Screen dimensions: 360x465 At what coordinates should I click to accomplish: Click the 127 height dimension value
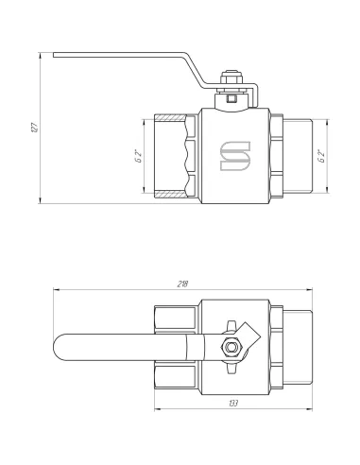tap(35, 127)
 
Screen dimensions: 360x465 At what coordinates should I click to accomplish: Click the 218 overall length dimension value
tap(182, 284)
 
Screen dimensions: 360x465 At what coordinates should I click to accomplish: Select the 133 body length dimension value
tap(233, 403)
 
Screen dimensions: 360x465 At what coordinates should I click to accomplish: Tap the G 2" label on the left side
tap(139, 157)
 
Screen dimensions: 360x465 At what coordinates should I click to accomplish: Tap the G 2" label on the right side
tap(321, 157)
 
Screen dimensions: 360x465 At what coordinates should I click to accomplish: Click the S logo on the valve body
tap(235, 156)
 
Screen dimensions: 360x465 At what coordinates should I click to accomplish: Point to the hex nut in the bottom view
tap(231, 347)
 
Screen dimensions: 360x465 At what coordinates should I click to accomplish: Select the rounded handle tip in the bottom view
tap(60, 347)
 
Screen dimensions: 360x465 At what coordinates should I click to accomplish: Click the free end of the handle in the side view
tap(54, 55)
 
